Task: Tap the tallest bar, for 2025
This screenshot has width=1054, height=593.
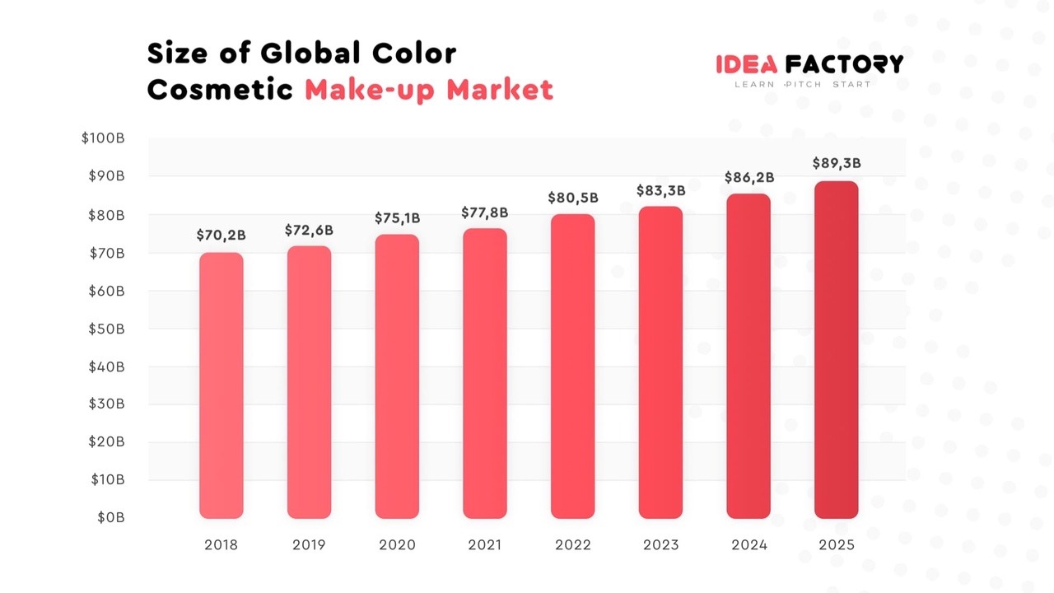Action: coord(837,350)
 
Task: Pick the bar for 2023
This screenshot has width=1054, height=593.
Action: coord(660,362)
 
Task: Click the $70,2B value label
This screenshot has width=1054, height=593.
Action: coord(222,236)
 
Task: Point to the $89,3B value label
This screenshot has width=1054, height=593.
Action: coord(837,163)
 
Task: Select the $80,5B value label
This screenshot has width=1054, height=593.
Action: coord(573,198)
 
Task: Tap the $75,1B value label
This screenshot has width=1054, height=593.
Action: coord(397,217)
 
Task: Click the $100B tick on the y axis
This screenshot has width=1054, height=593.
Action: coord(103,138)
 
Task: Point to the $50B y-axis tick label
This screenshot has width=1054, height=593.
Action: coord(106,329)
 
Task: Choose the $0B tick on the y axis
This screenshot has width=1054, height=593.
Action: coord(110,518)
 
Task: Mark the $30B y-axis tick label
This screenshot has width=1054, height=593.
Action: coord(106,404)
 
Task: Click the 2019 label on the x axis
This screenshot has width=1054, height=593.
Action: coord(309,545)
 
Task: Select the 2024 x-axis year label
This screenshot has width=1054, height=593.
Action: coord(749,545)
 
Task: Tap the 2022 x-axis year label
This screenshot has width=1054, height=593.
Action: coord(573,545)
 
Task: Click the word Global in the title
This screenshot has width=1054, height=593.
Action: coord(312,54)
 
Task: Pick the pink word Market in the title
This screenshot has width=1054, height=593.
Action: coord(501,90)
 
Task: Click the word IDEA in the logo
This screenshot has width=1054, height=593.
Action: coord(747,64)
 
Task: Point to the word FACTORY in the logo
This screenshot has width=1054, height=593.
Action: coord(844,64)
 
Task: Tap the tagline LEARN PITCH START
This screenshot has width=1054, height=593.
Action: coord(803,85)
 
